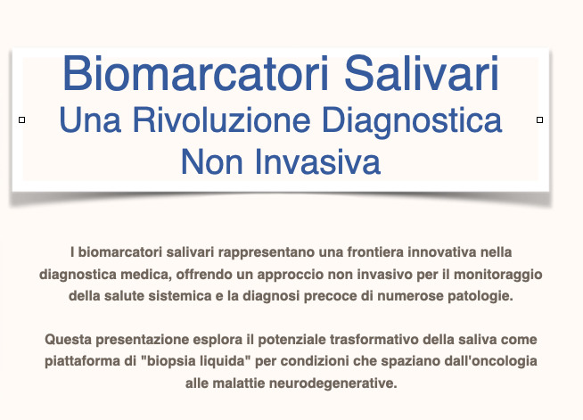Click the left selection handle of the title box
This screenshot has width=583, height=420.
pyautogui.click(x=21, y=119)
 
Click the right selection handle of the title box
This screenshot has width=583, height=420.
pyautogui.click(x=540, y=119)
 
